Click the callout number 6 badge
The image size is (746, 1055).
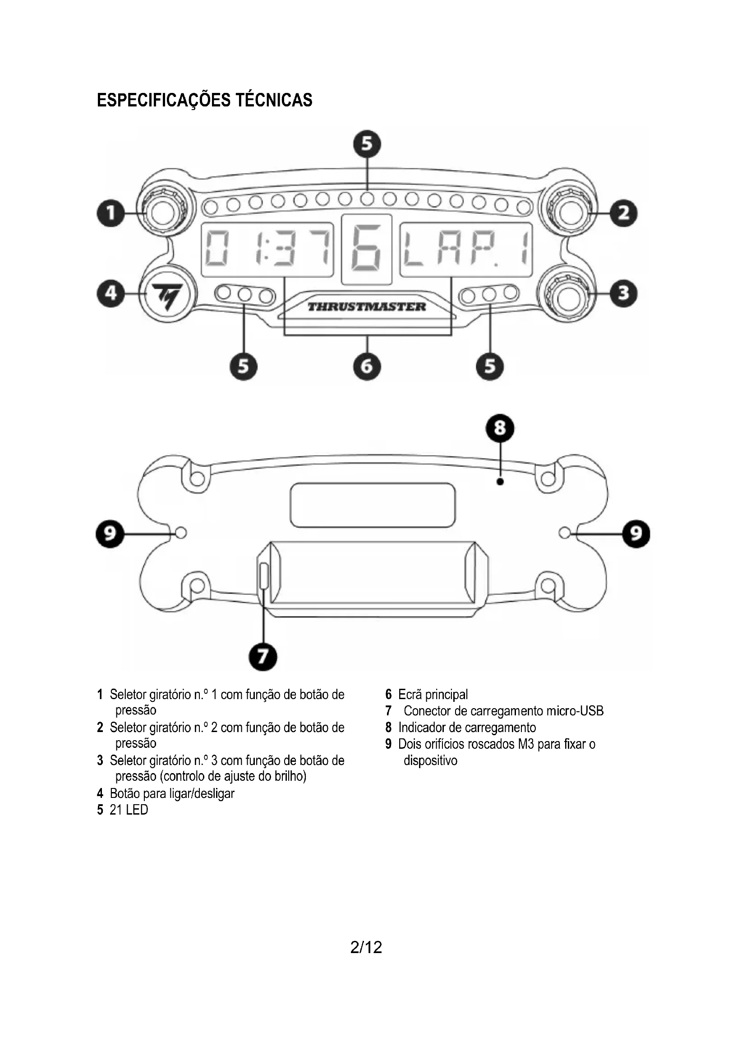[367, 366]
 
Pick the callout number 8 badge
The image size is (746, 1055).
[500, 428]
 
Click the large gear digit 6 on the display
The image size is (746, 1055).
[366, 249]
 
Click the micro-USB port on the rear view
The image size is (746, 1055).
[264, 576]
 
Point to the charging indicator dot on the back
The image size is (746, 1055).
[500, 482]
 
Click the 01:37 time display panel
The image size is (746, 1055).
[267, 249]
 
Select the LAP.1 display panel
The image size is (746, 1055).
[466, 249]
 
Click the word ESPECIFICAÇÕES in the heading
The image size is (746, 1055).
[164, 100]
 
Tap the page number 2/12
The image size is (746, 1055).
[366, 947]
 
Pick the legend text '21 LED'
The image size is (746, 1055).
[129, 810]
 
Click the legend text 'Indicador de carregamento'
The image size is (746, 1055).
[467, 728]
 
